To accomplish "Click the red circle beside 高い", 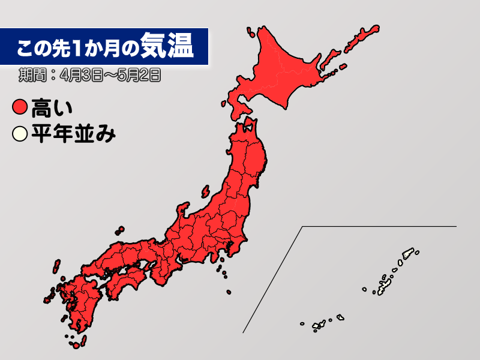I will pyautogui.click(x=20, y=109).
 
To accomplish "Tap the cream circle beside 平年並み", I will pyautogui.click(x=20, y=133).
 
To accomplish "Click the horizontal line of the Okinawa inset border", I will pyautogui.click(x=378, y=226).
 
